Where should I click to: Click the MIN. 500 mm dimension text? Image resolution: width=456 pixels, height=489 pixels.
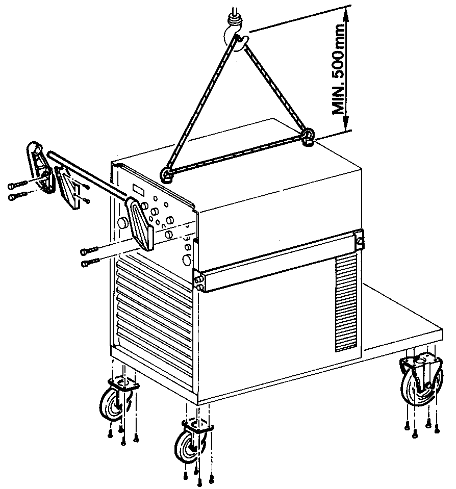[x=338, y=68]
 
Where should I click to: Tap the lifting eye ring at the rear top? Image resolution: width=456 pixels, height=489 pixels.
[x=308, y=136]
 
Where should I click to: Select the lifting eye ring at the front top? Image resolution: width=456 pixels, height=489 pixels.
[x=167, y=174]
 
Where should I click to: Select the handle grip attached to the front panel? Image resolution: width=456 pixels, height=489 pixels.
[x=140, y=222]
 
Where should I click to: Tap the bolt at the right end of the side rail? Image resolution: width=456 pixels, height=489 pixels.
[x=360, y=241]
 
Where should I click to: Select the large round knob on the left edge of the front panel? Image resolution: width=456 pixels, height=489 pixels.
[x=122, y=223]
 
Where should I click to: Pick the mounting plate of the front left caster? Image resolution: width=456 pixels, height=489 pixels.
[x=123, y=383]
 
